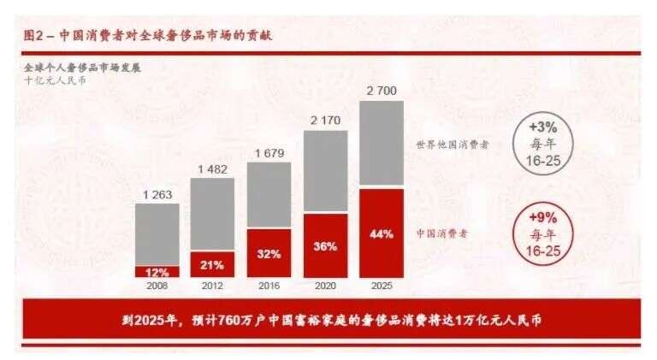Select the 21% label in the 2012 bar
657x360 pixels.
[x=212, y=264]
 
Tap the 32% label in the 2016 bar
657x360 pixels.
[x=269, y=253]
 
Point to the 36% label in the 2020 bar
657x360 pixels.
[x=324, y=245]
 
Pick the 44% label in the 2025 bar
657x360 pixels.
[x=382, y=233]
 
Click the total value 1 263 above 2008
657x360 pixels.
[x=157, y=195]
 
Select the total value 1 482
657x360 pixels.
[x=212, y=169]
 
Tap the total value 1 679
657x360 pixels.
[x=269, y=153]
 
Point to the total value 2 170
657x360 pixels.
[x=325, y=121]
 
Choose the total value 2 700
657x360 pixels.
[x=382, y=91]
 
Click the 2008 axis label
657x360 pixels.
[x=157, y=285]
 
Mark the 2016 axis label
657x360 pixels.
[x=269, y=285]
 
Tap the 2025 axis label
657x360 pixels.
[x=382, y=285]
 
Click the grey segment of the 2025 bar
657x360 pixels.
[x=382, y=144]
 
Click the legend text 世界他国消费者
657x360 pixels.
[x=452, y=145]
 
